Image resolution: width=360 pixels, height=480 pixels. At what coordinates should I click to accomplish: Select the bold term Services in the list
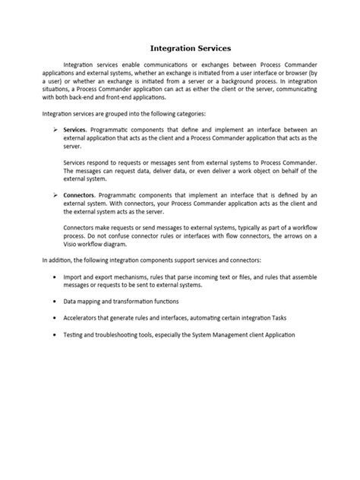74,131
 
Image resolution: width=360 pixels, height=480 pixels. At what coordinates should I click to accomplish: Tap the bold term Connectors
79,195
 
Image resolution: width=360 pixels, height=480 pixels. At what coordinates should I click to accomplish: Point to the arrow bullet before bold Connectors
55,195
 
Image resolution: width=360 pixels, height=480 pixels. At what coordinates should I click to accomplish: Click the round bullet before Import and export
55,277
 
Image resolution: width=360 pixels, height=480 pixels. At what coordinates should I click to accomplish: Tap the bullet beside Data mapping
55,302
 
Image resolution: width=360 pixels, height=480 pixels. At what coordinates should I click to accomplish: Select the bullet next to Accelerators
55,317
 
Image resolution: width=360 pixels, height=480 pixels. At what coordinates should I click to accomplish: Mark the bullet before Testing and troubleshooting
55,334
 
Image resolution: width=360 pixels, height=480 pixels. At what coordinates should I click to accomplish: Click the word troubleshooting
130,334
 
